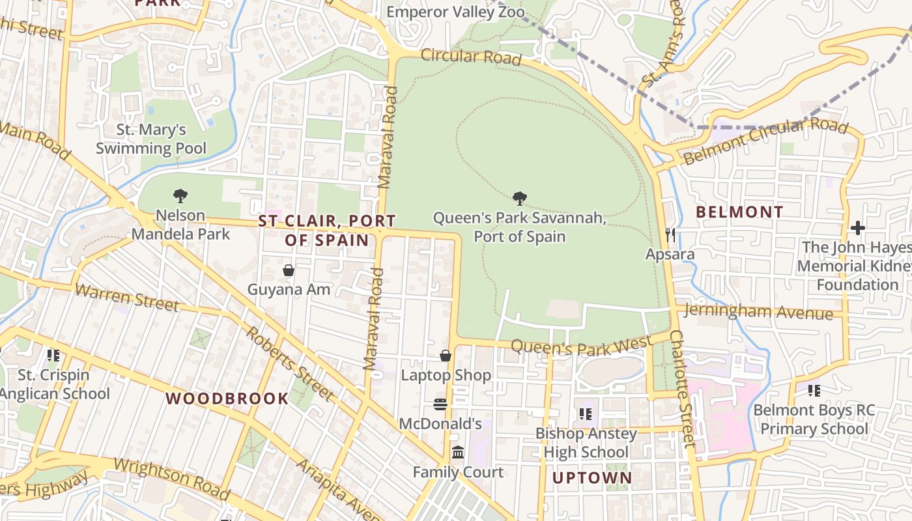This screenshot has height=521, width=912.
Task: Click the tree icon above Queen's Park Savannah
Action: pyautogui.click(x=519, y=198)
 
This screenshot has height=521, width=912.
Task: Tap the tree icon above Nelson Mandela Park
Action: pyautogui.click(x=180, y=195)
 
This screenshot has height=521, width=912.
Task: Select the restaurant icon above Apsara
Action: pyautogui.click(x=670, y=234)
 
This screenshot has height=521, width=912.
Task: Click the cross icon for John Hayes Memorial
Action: pyautogui.click(x=857, y=228)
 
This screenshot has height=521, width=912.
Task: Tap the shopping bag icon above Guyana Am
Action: pyautogui.click(x=289, y=270)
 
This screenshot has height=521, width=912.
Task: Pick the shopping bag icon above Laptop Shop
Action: pyautogui.click(x=446, y=356)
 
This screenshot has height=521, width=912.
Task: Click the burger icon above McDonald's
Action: pyautogui.click(x=440, y=404)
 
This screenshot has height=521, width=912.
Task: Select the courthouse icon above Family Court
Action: pyautogui.click(x=458, y=452)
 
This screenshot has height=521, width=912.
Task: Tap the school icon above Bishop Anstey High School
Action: pyautogui.click(x=585, y=414)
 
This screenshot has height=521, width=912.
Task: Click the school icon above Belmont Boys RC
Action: pyautogui.click(x=814, y=390)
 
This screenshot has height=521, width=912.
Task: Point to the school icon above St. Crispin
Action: pyautogui.click(x=53, y=355)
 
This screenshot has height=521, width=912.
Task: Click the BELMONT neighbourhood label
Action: pyautogui.click(x=739, y=212)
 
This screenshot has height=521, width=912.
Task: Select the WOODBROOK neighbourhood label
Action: pyautogui.click(x=227, y=399)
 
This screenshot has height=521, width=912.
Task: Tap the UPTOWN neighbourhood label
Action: pyautogui.click(x=592, y=478)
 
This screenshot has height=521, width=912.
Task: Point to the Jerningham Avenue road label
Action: pyautogui.click(x=759, y=311)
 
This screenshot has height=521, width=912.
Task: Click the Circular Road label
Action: pyautogui.click(x=471, y=57)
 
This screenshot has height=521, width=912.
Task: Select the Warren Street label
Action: pyautogui.click(x=126, y=297)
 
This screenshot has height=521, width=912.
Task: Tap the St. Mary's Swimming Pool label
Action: pyautogui.click(x=151, y=139)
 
